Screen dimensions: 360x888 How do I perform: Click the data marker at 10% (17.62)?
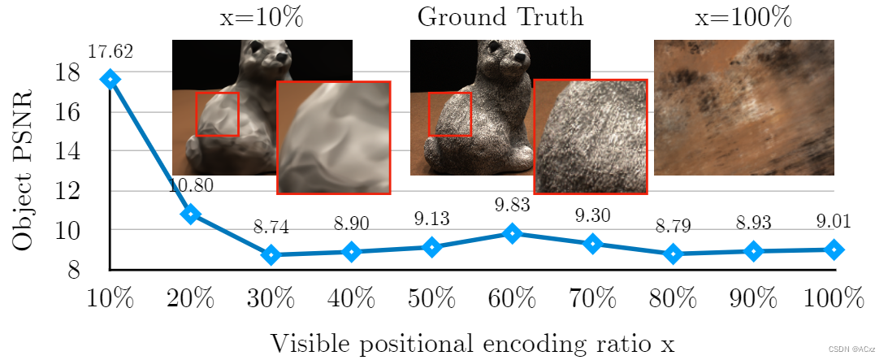pyautogui.click(x=110, y=79)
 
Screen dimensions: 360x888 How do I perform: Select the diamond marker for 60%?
pyautogui.click(x=512, y=233)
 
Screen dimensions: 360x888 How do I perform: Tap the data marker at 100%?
pyautogui.click(x=833, y=249)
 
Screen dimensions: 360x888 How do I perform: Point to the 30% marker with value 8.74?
pyautogui.click(x=271, y=254)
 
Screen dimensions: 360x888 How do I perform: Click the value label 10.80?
pyautogui.click(x=191, y=186)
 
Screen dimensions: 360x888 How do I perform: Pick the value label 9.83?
pyautogui.click(x=512, y=206)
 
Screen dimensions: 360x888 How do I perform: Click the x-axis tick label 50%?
pyautogui.click(x=431, y=300)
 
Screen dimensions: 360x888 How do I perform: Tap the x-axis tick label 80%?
pyautogui.click(x=673, y=300)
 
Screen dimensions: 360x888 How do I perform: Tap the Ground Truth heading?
pyautogui.click(x=500, y=17)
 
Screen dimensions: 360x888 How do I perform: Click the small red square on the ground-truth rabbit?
pyautogui.click(x=449, y=114)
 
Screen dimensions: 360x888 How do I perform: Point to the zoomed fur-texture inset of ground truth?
pyautogui.click(x=591, y=137)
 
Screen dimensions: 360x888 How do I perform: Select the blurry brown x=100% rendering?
pyautogui.click(x=743, y=107)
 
